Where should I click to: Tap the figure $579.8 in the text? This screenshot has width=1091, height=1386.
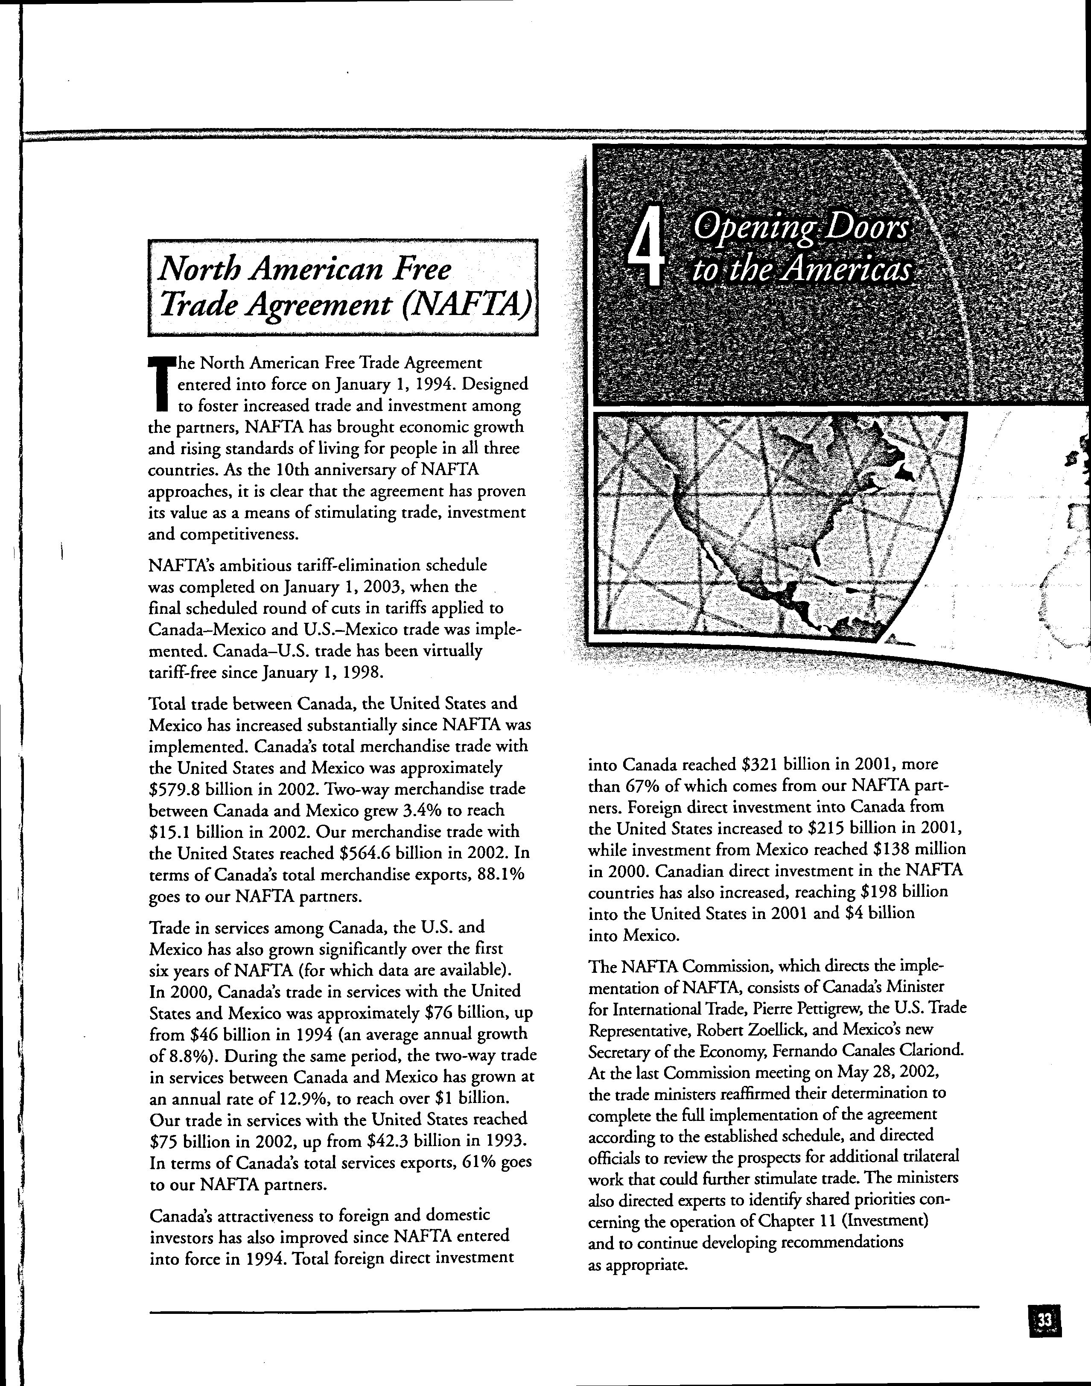pos(174,789)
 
